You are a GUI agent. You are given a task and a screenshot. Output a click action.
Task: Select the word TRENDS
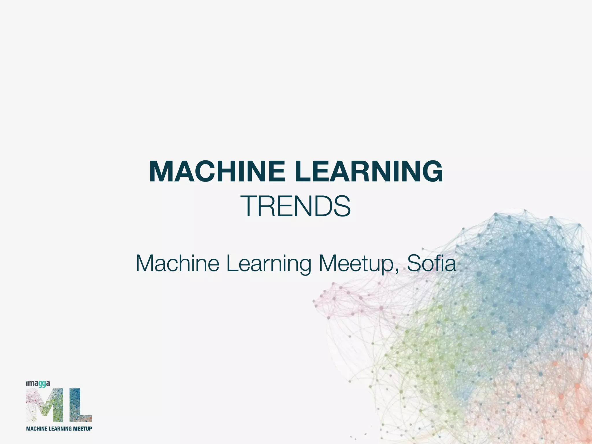[x=297, y=206]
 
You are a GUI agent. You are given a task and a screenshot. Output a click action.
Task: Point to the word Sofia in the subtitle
[x=431, y=263]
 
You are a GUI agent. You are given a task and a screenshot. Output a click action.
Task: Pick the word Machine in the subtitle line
[x=177, y=263]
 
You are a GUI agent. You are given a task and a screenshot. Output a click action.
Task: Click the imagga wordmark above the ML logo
[x=38, y=384]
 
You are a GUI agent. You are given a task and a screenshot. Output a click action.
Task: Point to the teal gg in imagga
[x=42, y=384]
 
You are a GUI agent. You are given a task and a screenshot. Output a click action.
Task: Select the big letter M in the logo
[x=45, y=405]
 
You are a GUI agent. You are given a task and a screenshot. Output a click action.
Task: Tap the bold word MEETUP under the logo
[x=82, y=428]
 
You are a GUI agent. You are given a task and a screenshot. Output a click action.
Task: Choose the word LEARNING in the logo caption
[x=60, y=428]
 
